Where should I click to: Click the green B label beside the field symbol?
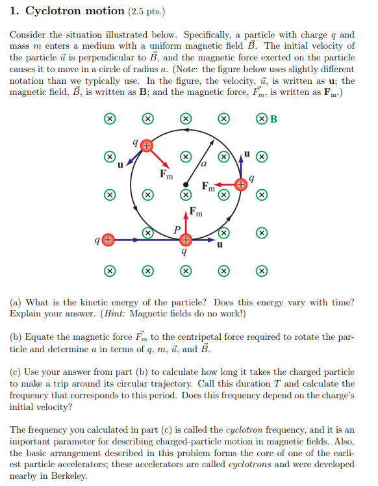(x=273, y=119)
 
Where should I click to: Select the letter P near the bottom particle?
(x=175, y=228)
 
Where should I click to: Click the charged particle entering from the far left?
(x=109, y=240)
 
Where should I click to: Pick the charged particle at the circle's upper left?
(x=147, y=147)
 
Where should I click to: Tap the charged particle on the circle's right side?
(x=241, y=185)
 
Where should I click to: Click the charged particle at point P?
(x=186, y=240)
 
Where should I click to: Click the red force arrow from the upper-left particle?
(x=159, y=157)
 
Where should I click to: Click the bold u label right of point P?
(x=220, y=246)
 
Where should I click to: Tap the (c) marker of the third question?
(x=17, y=372)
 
